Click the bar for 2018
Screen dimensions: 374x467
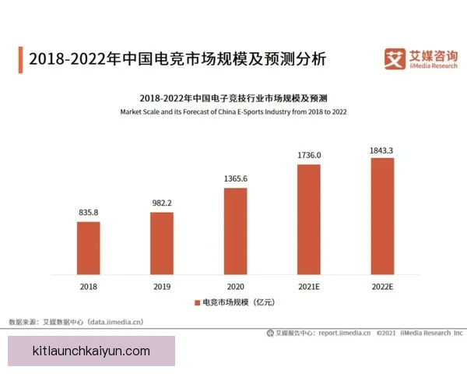point(88,248)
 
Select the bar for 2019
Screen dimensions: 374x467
point(162,243)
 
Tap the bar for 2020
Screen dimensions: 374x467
point(235,231)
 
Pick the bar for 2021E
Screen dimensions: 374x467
point(308,219)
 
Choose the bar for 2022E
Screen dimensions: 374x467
point(382,216)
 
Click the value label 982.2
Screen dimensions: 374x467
point(162,203)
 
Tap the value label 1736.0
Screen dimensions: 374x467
point(308,155)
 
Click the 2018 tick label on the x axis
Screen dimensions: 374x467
point(88,286)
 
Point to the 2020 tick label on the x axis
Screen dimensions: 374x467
point(235,286)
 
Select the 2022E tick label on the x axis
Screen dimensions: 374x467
point(382,286)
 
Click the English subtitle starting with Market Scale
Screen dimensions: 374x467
point(233,112)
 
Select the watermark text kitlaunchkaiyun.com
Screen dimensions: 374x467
point(92,351)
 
